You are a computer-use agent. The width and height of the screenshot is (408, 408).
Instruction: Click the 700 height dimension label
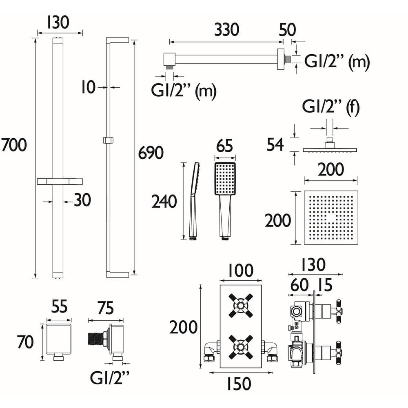pos(14,145)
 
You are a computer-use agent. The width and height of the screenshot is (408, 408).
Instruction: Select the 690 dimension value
pos(151,153)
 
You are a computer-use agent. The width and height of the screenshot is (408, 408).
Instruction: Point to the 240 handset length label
pos(164,202)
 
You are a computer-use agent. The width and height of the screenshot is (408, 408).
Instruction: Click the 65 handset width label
pos(224,146)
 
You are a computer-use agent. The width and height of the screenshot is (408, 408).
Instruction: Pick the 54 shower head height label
pos(275,144)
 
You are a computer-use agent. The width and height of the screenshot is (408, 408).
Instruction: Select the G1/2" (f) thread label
pos(330,108)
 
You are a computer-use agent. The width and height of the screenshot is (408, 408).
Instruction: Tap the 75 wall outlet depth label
pos(105,308)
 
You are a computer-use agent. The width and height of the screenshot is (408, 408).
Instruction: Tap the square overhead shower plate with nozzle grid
pos(330,217)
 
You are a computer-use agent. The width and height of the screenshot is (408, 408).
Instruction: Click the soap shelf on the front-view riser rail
pos(60,182)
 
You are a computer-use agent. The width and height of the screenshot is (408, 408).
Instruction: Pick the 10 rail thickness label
pos(88,87)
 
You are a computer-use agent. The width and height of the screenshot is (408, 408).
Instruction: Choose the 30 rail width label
pos(82,200)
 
